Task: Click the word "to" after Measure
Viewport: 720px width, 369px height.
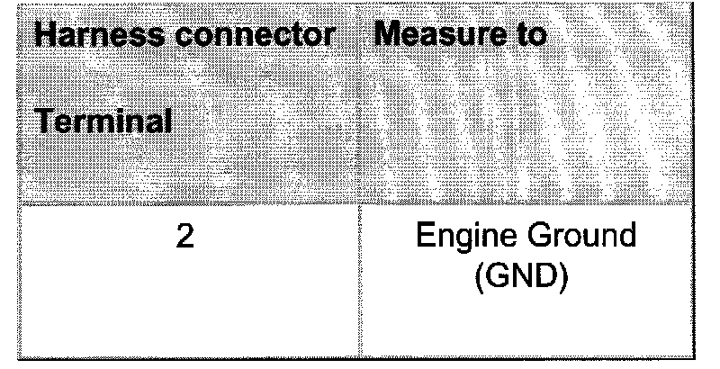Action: [x=526, y=36]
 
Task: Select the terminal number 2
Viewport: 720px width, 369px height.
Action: [x=184, y=240]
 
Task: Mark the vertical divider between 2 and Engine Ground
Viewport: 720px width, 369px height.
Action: [x=360, y=279]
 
